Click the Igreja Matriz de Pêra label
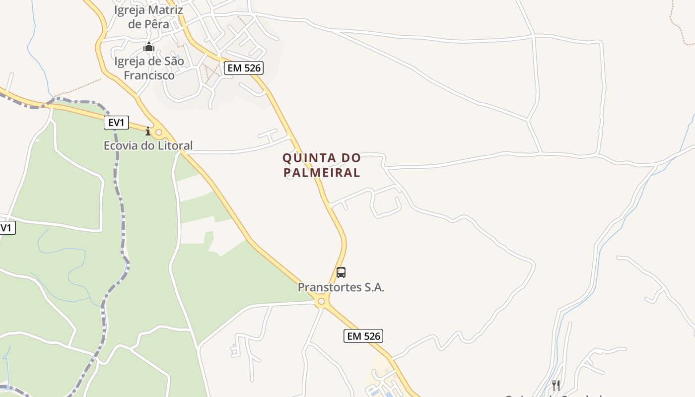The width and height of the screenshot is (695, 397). (148, 17)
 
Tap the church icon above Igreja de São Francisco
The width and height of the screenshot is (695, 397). (149, 48)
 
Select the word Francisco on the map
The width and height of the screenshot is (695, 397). (149, 75)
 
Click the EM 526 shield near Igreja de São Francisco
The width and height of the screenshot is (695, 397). (243, 68)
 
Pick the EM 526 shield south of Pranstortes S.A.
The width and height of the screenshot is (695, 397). (363, 336)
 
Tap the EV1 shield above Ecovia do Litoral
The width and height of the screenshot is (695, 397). (116, 123)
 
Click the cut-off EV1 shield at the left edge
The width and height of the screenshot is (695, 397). (7, 228)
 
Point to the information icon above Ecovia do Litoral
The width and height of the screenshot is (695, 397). (147, 132)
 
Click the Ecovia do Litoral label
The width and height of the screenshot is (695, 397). (148, 145)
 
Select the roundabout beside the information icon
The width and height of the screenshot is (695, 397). (159, 132)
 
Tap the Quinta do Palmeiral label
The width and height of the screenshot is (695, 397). (321, 165)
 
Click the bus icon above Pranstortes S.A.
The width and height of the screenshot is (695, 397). (341, 272)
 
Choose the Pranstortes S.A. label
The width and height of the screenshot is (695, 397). (341, 287)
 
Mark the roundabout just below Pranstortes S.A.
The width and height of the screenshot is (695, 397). (322, 301)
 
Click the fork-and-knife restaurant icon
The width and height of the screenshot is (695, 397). (556, 385)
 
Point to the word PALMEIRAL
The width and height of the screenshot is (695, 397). (321, 173)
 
